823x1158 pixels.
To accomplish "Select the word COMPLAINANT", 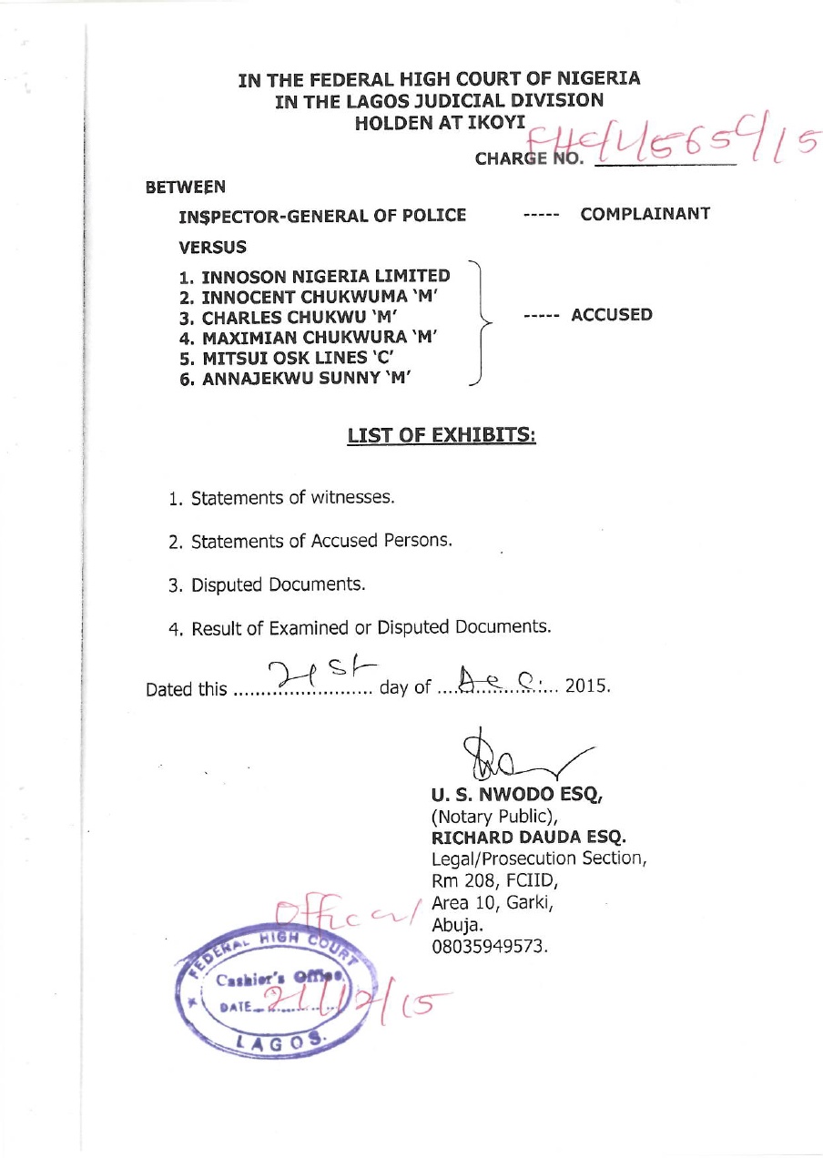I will (645, 214).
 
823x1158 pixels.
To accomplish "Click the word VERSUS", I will (212, 247).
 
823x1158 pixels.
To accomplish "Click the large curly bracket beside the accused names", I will (480, 323).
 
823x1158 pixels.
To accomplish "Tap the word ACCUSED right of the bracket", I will (612, 315).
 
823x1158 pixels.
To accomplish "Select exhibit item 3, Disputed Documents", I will (267, 584).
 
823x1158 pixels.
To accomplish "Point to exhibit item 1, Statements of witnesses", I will (282, 498).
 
